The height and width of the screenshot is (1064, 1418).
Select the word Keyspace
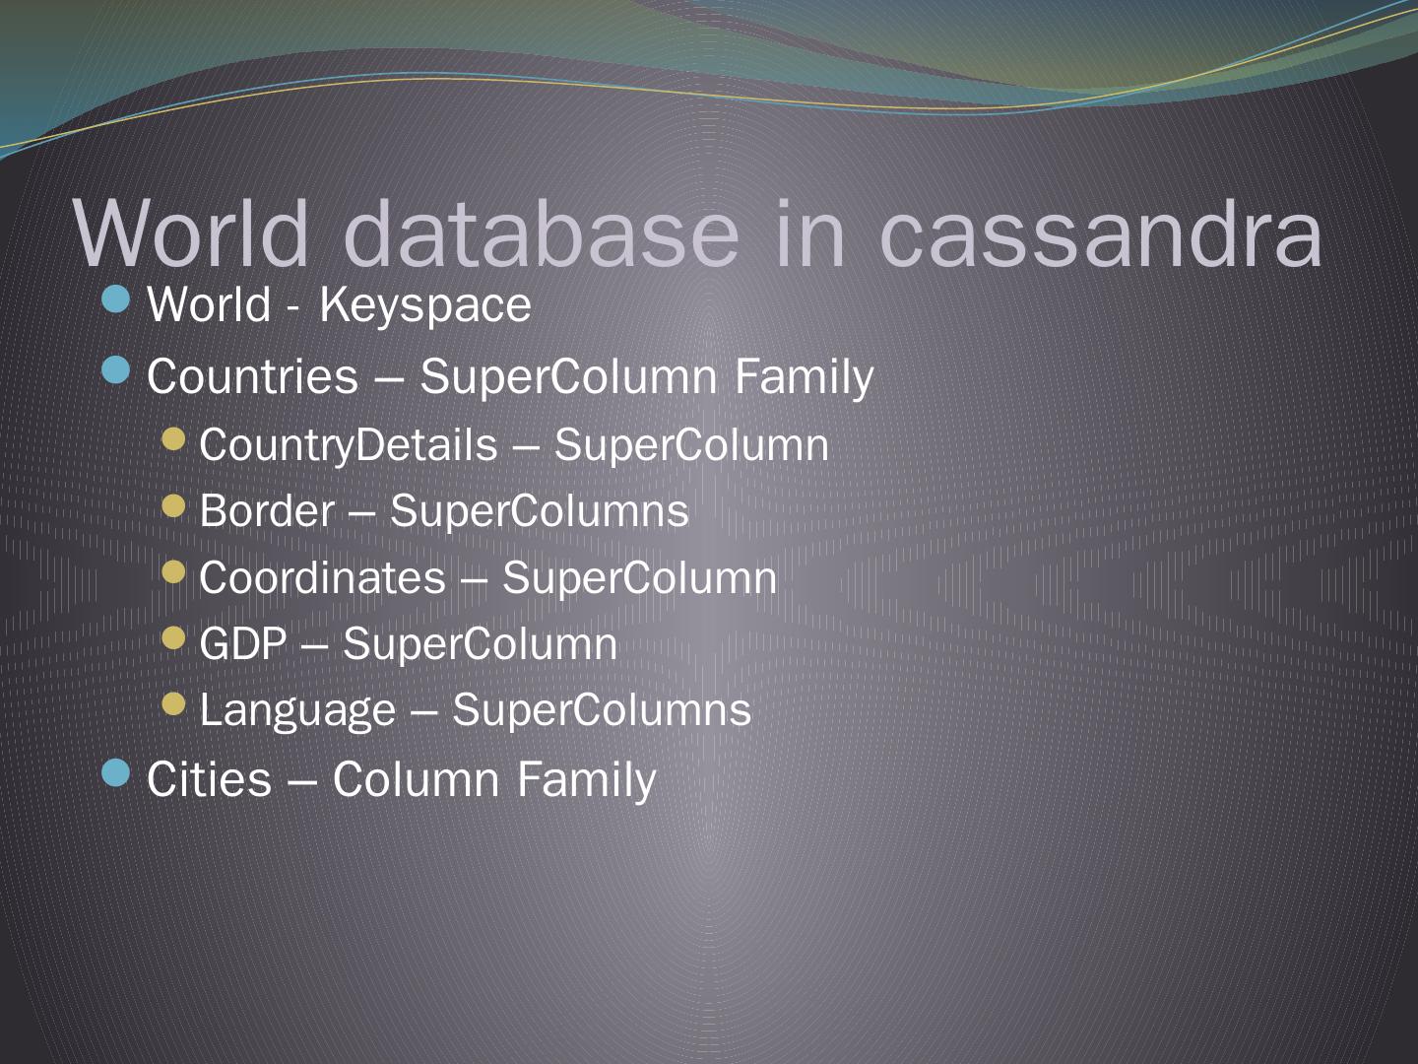425,305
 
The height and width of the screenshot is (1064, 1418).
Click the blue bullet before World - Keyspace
116,299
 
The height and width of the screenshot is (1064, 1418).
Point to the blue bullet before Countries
116,370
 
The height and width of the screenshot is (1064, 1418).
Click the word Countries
252,376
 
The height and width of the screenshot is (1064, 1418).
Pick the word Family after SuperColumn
803,377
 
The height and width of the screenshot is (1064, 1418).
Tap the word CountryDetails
349,445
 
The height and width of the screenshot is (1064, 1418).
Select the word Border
267,511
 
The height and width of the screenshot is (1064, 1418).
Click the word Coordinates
322,578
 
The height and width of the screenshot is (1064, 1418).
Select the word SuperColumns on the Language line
602,710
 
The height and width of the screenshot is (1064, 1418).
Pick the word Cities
209,779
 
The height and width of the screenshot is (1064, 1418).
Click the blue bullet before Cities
116,773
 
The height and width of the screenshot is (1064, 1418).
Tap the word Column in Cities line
416,779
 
